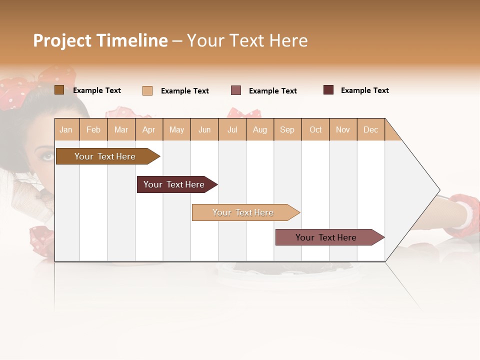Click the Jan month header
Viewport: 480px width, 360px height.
pos(66,129)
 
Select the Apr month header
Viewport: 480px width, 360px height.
pos(149,129)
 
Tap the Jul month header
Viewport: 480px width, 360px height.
pos(232,129)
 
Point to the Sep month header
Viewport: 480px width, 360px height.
pos(287,129)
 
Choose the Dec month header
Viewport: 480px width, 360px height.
pos(370,129)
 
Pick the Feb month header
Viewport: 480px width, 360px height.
pos(93,129)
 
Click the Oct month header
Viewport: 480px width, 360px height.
pos(315,129)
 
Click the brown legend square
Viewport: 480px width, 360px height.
pos(59,90)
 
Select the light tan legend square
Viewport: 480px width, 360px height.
pos(147,90)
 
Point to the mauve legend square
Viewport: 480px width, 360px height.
pos(236,90)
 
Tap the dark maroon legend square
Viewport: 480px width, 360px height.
pos(328,90)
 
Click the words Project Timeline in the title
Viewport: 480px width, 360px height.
pos(100,40)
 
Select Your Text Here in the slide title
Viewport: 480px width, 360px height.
pos(247,40)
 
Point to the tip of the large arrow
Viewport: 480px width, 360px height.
pos(439,190)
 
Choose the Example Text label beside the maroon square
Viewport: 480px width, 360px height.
pos(365,90)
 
